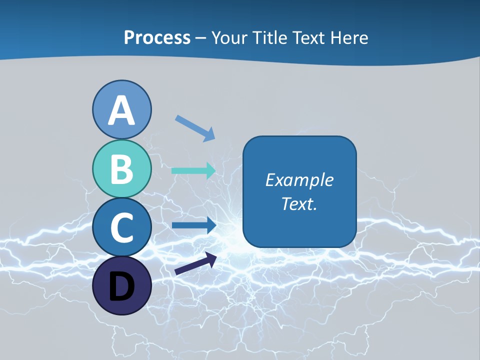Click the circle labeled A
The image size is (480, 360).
(121, 109)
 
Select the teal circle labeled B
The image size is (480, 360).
(121, 168)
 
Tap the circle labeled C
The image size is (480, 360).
(121, 227)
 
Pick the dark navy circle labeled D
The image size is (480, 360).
(121, 285)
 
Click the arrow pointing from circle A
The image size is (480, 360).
(194, 128)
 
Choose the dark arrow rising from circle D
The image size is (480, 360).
(195, 264)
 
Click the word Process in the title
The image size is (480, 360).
(157, 37)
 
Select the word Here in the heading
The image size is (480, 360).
(347, 37)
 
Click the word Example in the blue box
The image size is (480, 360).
(299, 180)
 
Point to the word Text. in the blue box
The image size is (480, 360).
(299, 203)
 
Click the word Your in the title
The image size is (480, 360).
(229, 37)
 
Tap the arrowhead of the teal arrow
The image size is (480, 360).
(210, 170)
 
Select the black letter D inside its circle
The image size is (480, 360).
(121, 286)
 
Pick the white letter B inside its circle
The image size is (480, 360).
(121, 169)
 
